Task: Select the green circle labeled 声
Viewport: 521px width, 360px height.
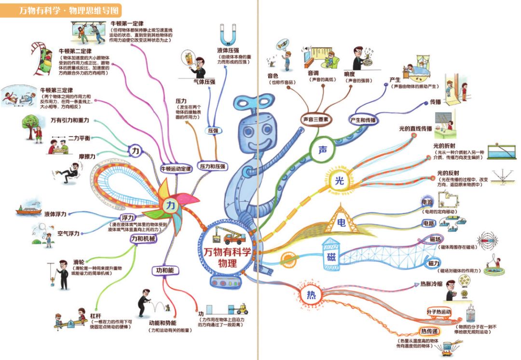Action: (322, 150)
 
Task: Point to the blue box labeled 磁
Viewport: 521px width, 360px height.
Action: (331, 256)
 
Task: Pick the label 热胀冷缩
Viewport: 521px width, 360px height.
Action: (428, 284)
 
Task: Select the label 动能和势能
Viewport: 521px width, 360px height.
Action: (162, 323)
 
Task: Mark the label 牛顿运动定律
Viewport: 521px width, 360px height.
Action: (176, 168)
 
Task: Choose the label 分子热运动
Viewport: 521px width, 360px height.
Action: (439, 312)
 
